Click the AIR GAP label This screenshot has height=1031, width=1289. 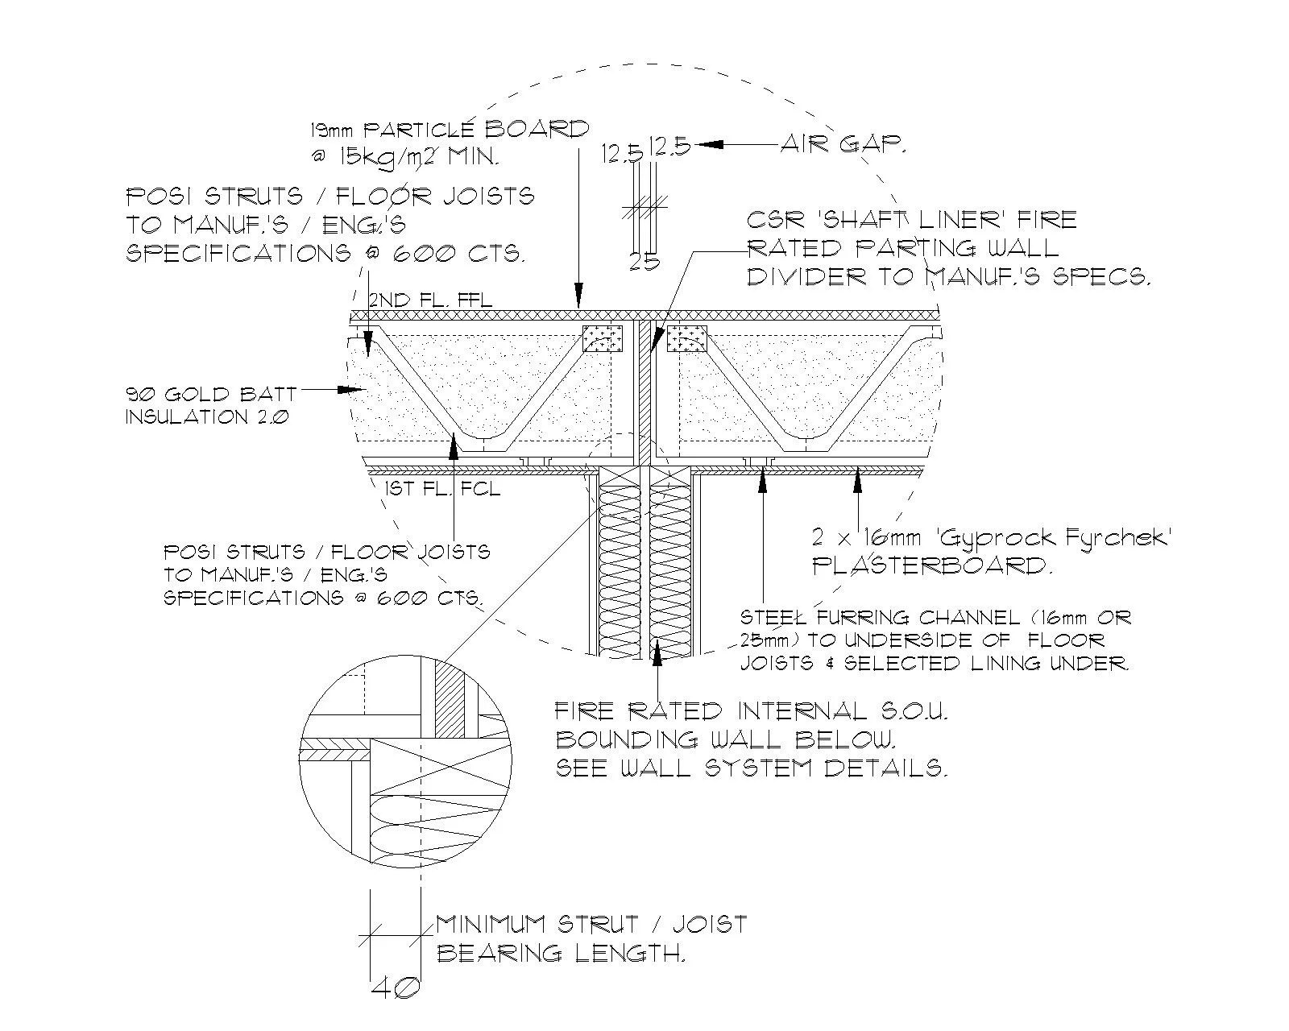point(843,145)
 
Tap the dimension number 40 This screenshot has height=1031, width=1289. point(396,988)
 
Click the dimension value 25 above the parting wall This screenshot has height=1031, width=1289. point(644,261)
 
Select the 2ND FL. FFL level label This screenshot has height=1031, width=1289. point(430,300)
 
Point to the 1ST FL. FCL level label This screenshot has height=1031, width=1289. point(442,489)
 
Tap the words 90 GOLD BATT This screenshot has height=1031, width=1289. point(211,395)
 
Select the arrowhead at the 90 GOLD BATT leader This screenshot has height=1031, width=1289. point(352,390)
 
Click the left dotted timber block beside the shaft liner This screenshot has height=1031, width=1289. point(603,338)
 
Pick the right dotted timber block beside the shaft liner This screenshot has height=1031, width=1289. point(686,338)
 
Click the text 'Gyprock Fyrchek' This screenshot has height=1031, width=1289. point(1067,538)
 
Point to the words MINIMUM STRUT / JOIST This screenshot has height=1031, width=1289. point(591,924)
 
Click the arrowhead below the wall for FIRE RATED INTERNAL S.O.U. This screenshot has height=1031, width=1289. point(658,649)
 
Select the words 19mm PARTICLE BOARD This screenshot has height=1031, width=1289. point(450,130)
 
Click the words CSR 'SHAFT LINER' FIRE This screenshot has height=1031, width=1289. point(910,220)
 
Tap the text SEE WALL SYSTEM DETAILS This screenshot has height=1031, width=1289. point(751,768)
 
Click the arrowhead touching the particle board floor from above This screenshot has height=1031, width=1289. point(577,299)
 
